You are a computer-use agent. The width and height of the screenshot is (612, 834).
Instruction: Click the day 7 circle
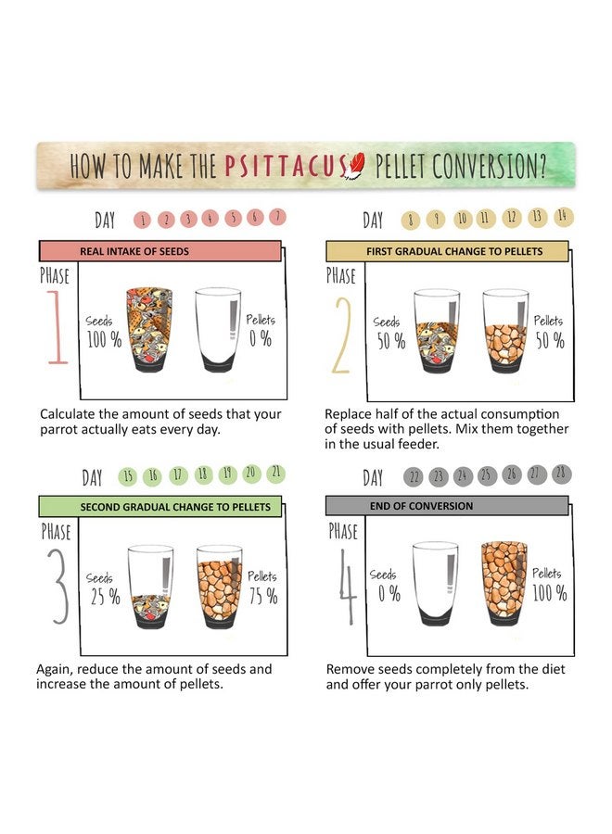pos(277,217)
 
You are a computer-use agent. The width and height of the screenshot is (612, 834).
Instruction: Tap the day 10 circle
pos(463,219)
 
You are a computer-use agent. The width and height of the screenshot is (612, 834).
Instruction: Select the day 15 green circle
pos(128,476)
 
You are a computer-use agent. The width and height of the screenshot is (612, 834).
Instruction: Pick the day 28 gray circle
pos(561,474)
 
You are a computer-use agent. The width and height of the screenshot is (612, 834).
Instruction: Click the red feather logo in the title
pos(355,166)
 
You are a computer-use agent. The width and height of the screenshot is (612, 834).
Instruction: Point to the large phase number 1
pos(57,327)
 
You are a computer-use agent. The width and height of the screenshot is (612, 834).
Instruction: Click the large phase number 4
pos(348,587)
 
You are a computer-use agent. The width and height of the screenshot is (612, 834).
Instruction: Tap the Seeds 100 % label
pos(104,332)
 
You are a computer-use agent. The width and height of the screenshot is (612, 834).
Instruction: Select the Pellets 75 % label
pos(263,588)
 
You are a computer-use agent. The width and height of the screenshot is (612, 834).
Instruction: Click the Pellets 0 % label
pos(261,330)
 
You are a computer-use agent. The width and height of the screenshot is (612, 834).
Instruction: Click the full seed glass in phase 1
pos(149,330)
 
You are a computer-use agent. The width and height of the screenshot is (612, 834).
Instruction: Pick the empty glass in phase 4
pos(435,584)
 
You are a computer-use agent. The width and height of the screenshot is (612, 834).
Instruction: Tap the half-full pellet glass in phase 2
pos(505,331)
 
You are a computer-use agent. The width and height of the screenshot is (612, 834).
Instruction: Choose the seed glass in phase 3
pos(150,587)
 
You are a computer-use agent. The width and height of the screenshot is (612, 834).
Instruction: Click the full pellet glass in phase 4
pos(504,584)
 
